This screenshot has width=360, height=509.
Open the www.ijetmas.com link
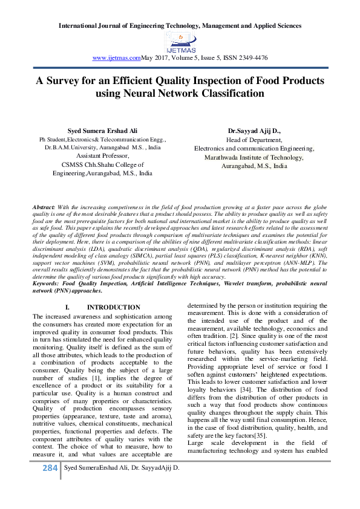pyautogui.click(x=116, y=57)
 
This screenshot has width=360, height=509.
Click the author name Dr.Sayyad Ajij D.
pyautogui.click(x=254, y=131)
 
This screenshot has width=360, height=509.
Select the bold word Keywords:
pyautogui.click(x=47, y=283)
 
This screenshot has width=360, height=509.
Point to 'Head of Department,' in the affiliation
pyautogui.click(x=254, y=140)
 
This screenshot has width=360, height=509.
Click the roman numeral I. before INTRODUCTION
pyautogui.click(x=67, y=308)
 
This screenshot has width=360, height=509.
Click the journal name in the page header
pyautogui.click(x=180, y=27)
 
